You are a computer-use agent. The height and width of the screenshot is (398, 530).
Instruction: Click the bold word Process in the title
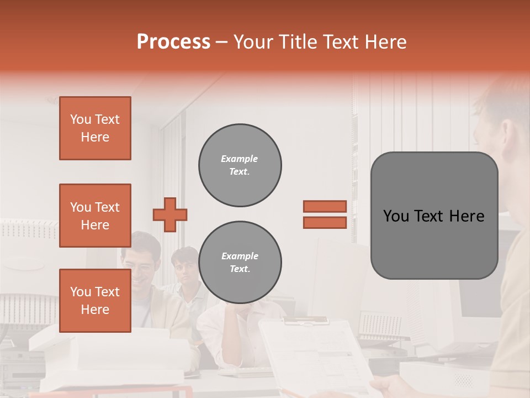[x=173, y=42]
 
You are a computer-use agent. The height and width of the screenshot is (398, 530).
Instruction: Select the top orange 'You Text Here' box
[x=95, y=128]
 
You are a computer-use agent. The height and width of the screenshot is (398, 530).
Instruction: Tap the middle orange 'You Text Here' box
[x=95, y=216]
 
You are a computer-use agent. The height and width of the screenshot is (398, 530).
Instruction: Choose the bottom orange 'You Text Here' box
[x=95, y=300]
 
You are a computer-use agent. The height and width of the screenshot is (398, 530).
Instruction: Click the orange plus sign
[x=170, y=214]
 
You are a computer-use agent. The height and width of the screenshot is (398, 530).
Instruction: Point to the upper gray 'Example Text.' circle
[x=240, y=165]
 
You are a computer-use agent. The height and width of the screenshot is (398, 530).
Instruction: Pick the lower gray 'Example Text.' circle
[x=240, y=263]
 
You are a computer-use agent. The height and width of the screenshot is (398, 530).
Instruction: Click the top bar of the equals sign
[x=325, y=206]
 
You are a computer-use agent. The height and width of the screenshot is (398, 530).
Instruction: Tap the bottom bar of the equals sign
[x=325, y=222]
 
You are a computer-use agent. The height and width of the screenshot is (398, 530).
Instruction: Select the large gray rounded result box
[x=434, y=216]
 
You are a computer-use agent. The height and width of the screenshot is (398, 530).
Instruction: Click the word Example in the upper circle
[x=239, y=159]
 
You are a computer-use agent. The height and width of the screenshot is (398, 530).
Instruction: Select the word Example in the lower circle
[x=239, y=256]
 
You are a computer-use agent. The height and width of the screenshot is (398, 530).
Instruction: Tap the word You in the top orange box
[x=80, y=119]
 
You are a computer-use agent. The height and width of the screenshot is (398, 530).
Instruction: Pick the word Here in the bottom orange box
[x=95, y=310]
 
